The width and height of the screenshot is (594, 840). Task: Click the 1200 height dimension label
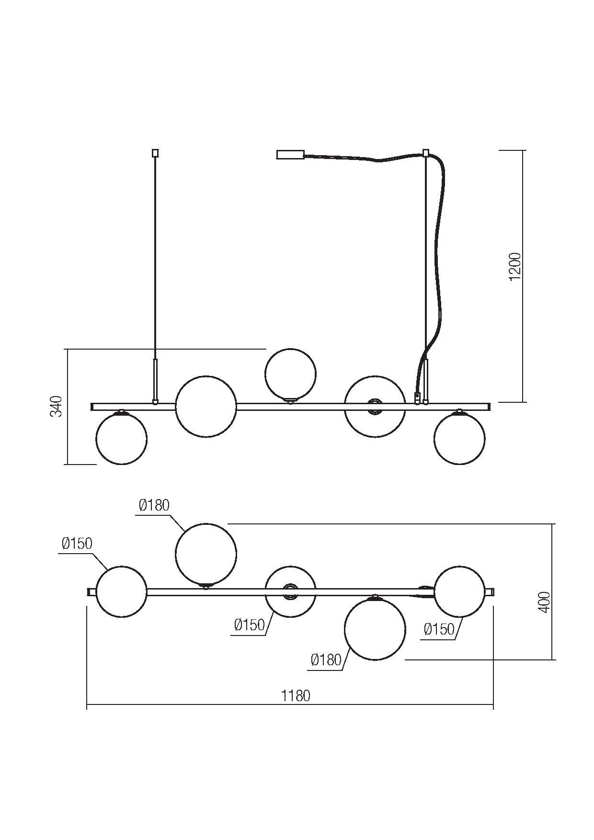(x=514, y=267)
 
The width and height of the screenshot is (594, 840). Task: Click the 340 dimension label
(x=57, y=406)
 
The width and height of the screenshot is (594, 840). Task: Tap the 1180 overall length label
(x=296, y=695)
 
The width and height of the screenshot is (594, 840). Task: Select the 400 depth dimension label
(x=544, y=602)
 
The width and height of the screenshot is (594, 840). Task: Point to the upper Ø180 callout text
(x=154, y=505)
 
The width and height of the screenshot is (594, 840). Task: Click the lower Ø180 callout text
(x=326, y=660)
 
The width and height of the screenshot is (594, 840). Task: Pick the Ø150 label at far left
(x=77, y=544)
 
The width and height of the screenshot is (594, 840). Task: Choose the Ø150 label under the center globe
(x=249, y=624)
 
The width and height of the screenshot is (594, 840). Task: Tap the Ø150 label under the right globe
(x=439, y=629)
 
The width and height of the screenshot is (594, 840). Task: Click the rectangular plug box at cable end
(x=290, y=155)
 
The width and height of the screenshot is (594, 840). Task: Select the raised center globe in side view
(x=290, y=374)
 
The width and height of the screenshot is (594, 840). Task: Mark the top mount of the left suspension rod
(x=155, y=153)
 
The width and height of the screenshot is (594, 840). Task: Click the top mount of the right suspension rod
(x=425, y=153)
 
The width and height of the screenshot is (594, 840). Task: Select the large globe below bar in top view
(x=375, y=629)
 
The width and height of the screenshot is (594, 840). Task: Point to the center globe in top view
(x=290, y=592)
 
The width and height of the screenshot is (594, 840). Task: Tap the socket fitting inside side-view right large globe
(x=374, y=407)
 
